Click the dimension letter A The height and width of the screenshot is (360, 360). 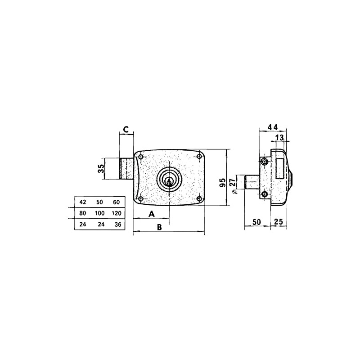tap(152, 213)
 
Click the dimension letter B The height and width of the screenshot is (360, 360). tap(159, 227)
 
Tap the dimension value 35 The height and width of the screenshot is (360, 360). tap(101, 169)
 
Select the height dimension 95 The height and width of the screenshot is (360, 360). tap(222, 182)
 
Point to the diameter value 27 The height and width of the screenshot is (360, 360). tap(232, 183)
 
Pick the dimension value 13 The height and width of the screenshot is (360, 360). tap(279, 137)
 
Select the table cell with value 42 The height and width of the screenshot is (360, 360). tap(82, 202)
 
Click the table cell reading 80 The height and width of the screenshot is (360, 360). tap(82, 213)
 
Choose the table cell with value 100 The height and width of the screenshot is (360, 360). tap(99, 213)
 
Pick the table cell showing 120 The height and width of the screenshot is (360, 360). tap(116, 213)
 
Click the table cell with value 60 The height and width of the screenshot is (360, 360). tap(116, 202)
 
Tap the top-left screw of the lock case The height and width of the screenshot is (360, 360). tap(141, 157)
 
